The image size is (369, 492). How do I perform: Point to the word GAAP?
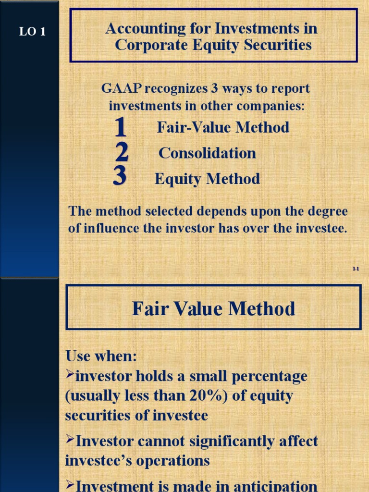pos(122,89)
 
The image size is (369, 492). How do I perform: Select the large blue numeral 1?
pos(121,128)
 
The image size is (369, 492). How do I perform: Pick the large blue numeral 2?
pos(122,153)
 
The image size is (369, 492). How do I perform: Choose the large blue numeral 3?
pos(120,176)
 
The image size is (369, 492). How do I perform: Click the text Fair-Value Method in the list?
pos(223,127)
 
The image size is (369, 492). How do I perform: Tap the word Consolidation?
pos(207,153)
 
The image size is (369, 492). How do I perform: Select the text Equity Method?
pos(207,179)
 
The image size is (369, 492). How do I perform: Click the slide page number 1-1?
pos(356,269)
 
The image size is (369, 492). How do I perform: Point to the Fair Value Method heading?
pos(213,308)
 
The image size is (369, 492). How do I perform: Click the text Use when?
pos(101,357)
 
